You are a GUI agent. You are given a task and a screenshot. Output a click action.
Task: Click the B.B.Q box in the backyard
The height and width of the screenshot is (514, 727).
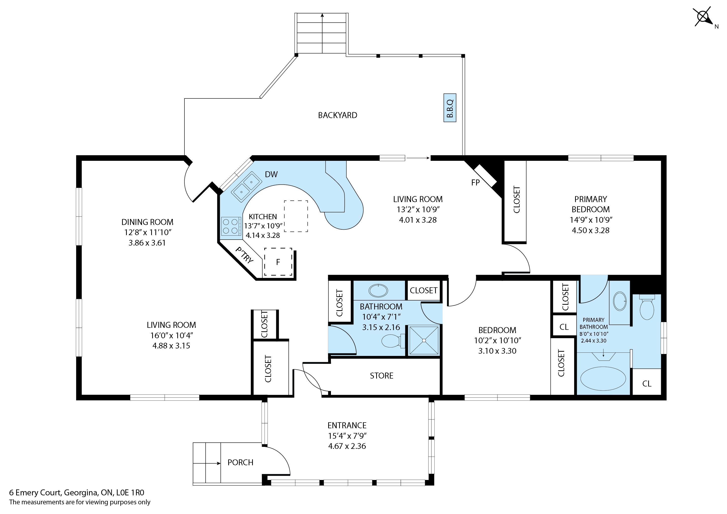450,108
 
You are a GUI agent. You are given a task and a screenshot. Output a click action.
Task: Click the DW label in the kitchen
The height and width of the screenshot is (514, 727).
271,174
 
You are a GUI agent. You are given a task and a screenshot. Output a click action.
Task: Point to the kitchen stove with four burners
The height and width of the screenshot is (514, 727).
230,226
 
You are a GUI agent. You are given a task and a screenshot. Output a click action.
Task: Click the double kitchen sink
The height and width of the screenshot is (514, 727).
246,186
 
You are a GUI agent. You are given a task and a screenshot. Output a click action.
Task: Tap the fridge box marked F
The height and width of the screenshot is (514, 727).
278,262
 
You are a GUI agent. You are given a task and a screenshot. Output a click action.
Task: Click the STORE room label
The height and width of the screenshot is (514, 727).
382,376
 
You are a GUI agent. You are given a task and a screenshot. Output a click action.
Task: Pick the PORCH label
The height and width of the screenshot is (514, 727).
240,462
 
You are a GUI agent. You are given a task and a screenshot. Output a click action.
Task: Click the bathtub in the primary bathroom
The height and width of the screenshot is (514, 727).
603,379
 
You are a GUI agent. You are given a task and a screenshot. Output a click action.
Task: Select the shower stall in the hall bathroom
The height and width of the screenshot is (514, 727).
424,340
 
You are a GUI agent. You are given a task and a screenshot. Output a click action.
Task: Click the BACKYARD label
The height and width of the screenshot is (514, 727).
338,115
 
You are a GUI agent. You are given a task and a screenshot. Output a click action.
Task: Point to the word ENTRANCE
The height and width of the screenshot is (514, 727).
347,425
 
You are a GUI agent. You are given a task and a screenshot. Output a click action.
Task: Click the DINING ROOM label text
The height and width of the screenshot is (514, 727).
147,222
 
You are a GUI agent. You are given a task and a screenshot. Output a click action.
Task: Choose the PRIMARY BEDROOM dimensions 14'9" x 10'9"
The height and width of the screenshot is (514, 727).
591,220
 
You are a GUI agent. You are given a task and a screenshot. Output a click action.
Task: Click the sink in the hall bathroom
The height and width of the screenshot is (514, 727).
378,291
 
